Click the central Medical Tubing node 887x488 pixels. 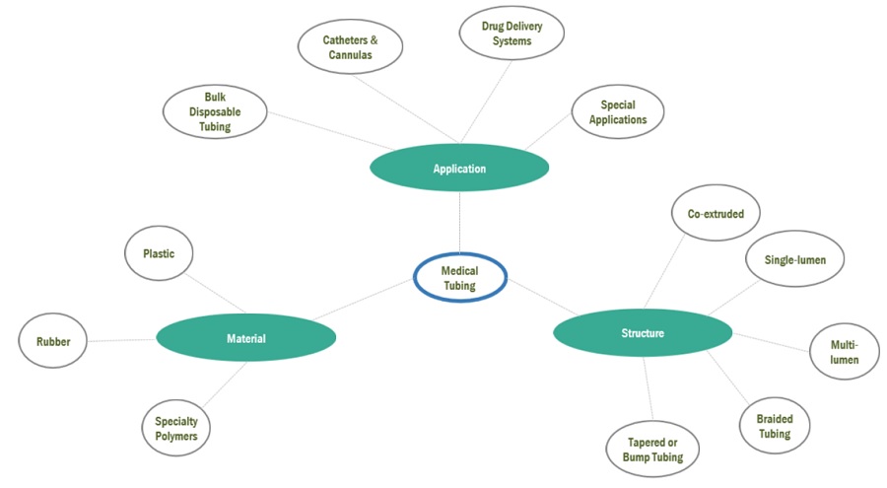pyautogui.click(x=459, y=278)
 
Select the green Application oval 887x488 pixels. pyautogui.click(x=459, y=169)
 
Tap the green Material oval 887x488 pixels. pyautogui.click(x=245, y=338)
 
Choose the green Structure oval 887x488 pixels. pyautogui.click(x=643, y=333)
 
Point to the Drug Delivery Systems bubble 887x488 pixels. pyautogui.click(x=512, y=34)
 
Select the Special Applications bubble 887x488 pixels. pyautogui.click(x=618, y=112)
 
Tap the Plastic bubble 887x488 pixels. pyautogui.click(x=159, y=253)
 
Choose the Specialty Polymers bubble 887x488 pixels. pyautogui.click(x=176, y=428)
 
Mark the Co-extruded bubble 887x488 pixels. pyautogui.click(x=709, y=214)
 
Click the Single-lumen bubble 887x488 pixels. pyautogui.click(x=795, y=260)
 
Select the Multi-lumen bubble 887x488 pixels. pyautogui.click(x=843, y=352)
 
